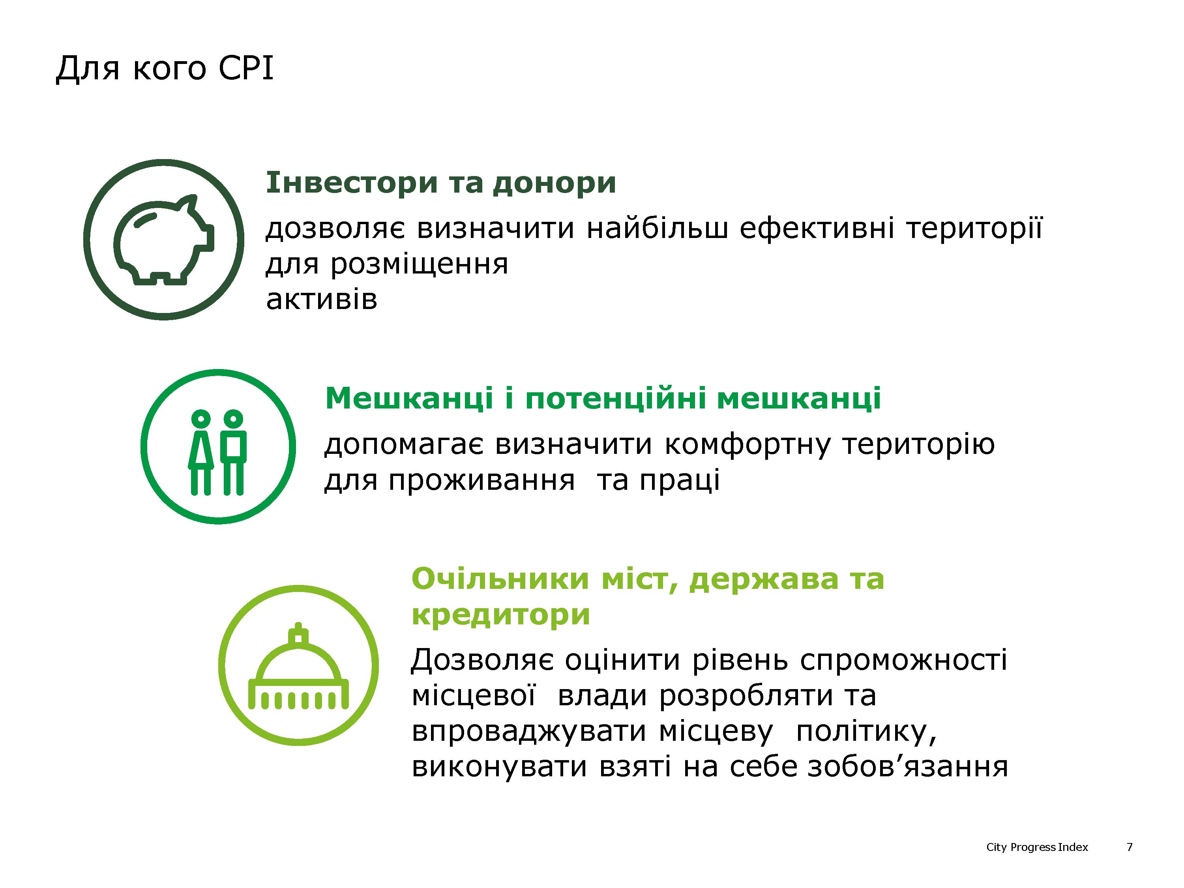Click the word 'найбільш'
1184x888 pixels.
point(657,229)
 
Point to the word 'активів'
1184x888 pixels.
point(322,300)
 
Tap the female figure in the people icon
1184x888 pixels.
point(201,452)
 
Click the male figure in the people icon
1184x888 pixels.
point(233,452)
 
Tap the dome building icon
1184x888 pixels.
point(299,667)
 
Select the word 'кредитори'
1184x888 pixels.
point(501,615)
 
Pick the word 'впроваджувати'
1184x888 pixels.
point(529,732)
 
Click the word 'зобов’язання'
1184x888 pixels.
point(908,767)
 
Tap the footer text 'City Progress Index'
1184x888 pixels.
point(1037,847)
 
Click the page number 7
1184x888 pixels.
point(1130,847)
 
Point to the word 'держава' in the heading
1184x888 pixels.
point(764,580)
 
